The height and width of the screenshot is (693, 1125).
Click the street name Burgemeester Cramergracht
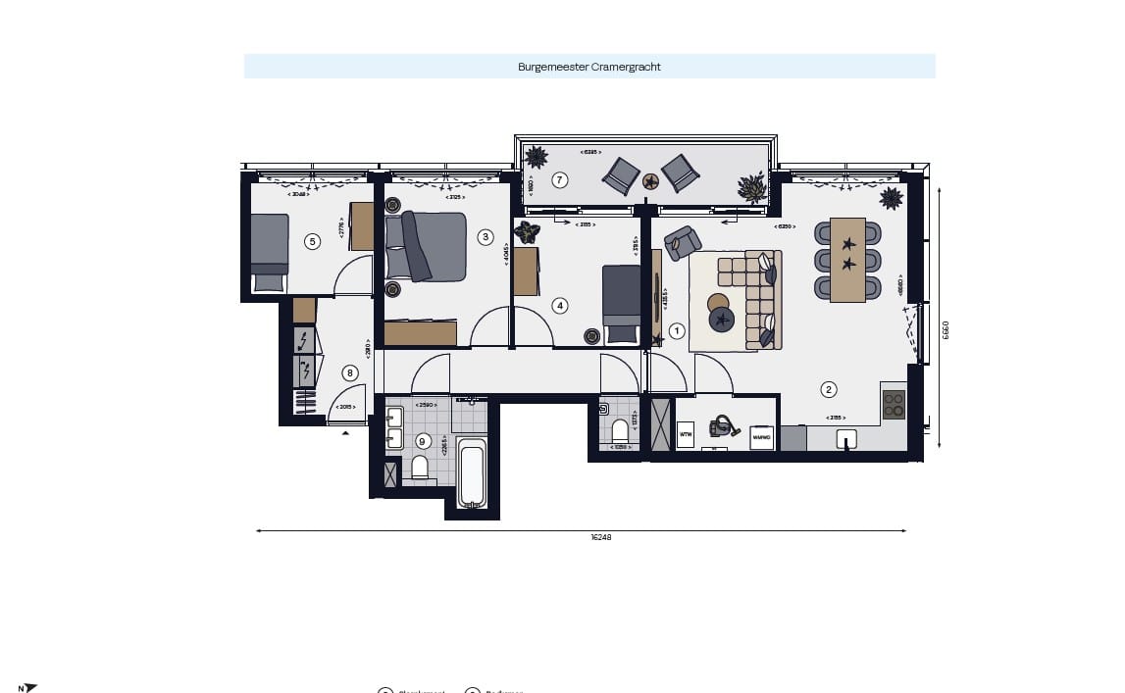[588, 67]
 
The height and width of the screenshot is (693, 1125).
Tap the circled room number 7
[559, 179]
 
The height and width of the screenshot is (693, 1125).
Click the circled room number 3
[485, 236]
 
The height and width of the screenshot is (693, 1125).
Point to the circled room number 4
[560, 305]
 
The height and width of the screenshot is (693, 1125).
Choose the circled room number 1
[677, 331]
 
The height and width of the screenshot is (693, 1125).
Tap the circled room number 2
[829, 389]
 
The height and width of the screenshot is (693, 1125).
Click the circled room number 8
[350, 372]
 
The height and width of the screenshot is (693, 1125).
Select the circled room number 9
[423, 440]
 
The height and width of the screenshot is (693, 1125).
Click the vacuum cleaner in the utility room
[725, 426]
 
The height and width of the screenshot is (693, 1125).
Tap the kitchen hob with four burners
[893, 404]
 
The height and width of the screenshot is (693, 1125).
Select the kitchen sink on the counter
[845, 439]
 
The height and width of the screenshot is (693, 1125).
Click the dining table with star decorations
[847, 260]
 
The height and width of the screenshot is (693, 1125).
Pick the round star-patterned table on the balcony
[650, 181]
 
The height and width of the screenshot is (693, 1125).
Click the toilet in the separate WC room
[620, 430]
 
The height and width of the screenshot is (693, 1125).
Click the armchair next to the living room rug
[682, 242]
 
